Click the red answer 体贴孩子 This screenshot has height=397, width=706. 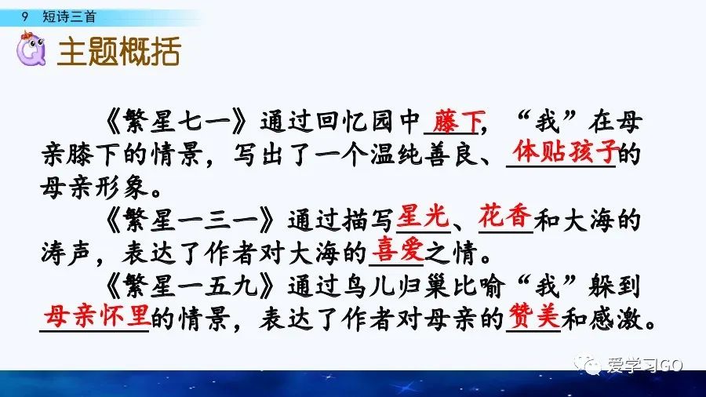[562, 150]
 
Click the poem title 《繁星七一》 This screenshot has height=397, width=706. [178, 123]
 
